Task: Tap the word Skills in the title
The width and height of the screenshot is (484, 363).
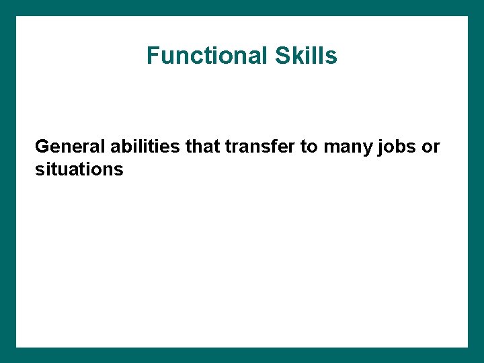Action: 306,56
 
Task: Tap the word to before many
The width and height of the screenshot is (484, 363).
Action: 309,147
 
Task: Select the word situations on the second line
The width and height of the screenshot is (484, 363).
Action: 79,169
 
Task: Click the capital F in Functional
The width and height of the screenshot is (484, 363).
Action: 153,56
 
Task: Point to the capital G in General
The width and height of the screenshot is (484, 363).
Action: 42,147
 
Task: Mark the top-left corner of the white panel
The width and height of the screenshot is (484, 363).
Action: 17,17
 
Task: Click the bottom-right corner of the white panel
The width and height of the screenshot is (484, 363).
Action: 467,347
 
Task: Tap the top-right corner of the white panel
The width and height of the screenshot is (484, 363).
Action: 467,17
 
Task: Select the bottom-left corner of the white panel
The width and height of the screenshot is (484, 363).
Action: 17,347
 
